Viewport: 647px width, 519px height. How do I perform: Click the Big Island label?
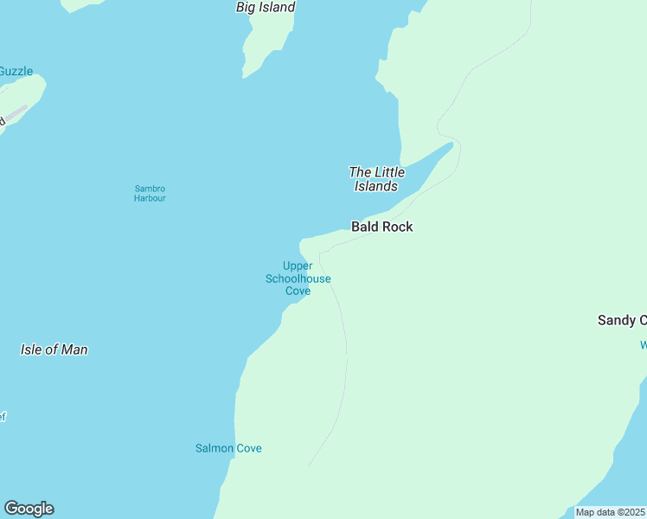[266, 8]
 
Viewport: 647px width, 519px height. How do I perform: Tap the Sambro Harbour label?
[150, 194]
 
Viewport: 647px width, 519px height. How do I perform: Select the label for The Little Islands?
[376, 179]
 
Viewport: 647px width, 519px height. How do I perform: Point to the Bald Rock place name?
[381, 227]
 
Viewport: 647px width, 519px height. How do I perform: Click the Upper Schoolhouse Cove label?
[298, 279]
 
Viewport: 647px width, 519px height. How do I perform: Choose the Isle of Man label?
[54, 349]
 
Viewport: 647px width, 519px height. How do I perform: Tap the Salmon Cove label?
[228, 448]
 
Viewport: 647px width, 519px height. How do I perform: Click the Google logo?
[29, 509]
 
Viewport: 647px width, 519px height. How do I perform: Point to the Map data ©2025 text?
[610, 512]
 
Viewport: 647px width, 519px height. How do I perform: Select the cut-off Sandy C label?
[622, 320]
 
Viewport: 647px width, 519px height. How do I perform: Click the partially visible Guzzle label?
[16, 71]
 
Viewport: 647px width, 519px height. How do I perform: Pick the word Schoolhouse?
[298, 279]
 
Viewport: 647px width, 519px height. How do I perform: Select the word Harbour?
[150, 199]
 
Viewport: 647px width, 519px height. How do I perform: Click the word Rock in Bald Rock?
[397, 227]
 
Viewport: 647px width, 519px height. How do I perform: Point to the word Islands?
[376, 186]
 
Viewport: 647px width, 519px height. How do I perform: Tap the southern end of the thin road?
[310, 465]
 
